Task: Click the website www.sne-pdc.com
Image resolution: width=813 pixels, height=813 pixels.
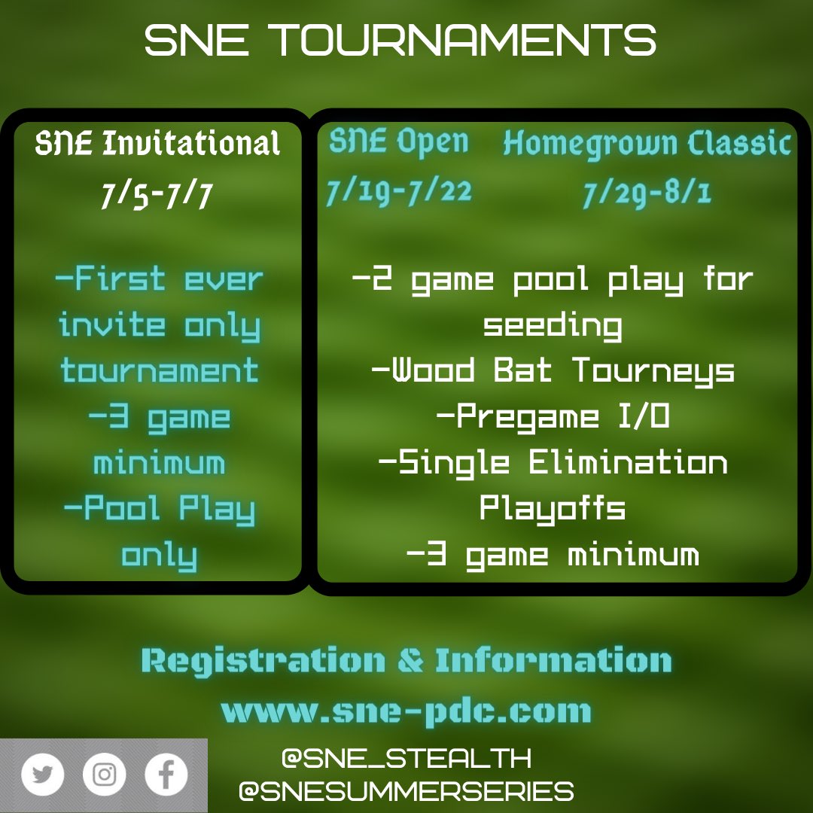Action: pyautogui.click(x=406, y=711)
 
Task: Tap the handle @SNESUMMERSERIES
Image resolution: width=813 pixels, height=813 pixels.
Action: pyautogui.click(x=406, y=791)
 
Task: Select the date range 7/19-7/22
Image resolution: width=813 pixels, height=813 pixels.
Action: pyautogui.click(x=399, y=192)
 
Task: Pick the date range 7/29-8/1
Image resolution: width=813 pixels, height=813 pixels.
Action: pyautogui.click(x=647, y=195)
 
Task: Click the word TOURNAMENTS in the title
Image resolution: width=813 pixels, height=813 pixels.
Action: pyautogui.click(x=463, y=41)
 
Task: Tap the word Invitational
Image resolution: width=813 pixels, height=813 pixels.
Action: pyautogui.click(x=191, y=143)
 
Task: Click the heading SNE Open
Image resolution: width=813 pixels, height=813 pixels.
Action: pyautogui.click(x=399, y=142)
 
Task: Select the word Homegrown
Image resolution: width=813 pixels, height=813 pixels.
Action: pyautogui.click(x=577, y=143)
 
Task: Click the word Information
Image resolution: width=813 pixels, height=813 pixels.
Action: pyautogui.click(x=553, y=661)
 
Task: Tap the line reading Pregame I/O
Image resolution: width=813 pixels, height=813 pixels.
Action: pyautogui.click(x=553, y=416)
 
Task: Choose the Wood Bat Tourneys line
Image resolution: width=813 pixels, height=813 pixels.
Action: pyautogui.click(x=553, y=370)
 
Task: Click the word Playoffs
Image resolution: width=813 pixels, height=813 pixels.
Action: pyautogui.click(x=553, y=508)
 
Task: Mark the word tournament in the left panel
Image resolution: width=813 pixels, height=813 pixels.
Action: pyautogui.click(x=159, y=371)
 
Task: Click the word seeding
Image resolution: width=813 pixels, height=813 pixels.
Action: pyautogui.click(x=553, y=325)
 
